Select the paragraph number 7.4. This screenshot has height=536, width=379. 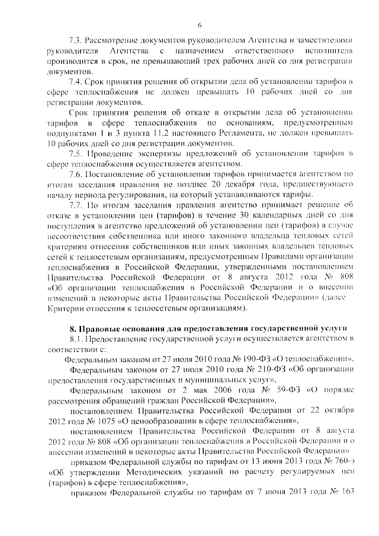75,81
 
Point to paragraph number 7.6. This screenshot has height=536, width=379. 76,173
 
